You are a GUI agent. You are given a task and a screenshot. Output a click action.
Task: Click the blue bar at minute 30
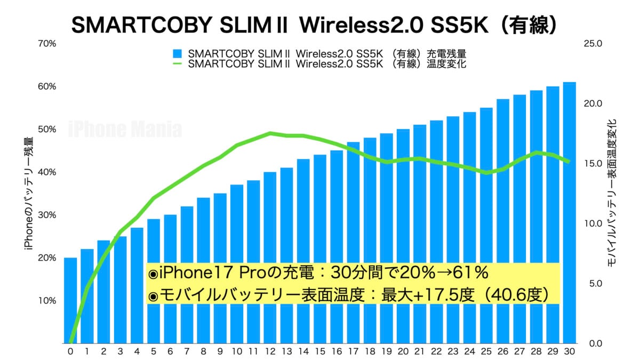(x=569, y=213)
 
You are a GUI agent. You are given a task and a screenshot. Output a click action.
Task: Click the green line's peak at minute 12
(x=270, y=133)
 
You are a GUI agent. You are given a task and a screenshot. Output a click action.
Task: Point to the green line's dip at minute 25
(x=486, y=173)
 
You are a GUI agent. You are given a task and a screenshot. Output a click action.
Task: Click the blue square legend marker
(x=178, y=54)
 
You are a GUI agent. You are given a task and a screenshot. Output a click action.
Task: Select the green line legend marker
(x=178, y=64)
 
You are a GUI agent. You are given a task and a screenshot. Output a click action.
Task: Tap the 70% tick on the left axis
(x=47, y=44)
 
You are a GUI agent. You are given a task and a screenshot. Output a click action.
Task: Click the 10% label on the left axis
(x=47, y=300)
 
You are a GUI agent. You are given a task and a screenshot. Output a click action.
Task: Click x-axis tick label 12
(x=270, y=351)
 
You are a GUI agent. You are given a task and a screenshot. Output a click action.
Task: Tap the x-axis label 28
(x=536, y=351)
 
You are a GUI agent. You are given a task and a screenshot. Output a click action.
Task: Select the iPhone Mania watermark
(x=125, y=130)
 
